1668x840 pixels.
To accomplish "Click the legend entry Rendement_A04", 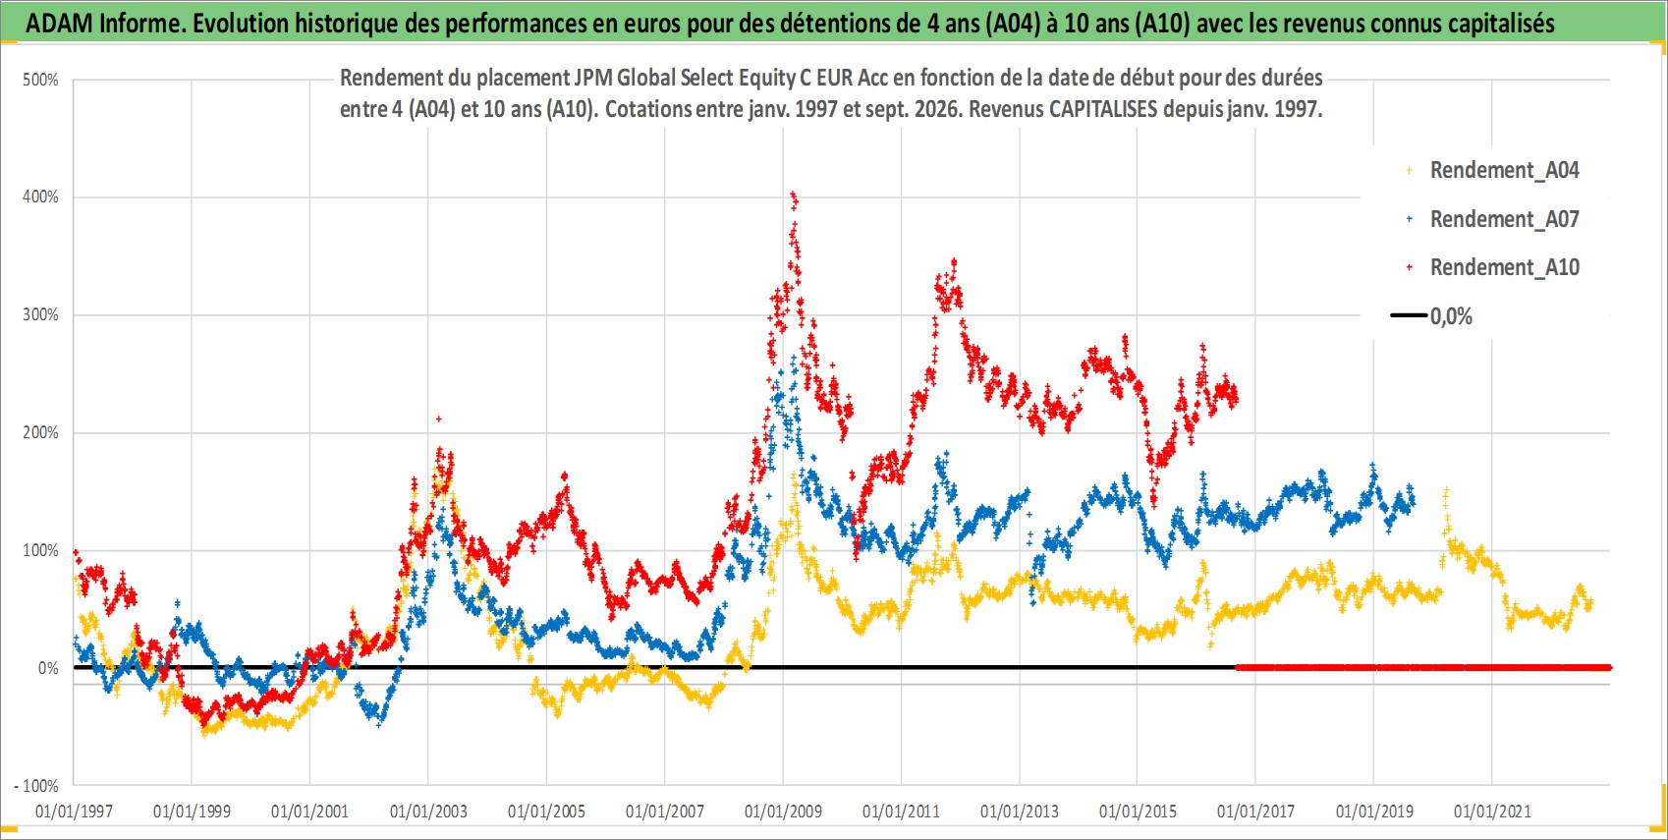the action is click(1493, 171).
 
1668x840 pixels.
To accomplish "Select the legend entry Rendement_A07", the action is click(1493, 220).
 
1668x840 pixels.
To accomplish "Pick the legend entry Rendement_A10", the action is click(1493, 267).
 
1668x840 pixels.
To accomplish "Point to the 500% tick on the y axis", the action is click(40, 80).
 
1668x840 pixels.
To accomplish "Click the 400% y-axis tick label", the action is click(40, 196).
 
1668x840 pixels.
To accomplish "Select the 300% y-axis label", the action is click(40, 314).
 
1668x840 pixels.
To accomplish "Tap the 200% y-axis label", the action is click(40, 432).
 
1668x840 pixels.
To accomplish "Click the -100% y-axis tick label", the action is click(35, 786).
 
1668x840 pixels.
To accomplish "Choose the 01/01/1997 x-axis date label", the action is click(74, 811).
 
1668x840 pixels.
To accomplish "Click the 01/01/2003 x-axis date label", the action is click(428, 811).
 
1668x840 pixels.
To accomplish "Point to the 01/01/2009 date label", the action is click(783, 811).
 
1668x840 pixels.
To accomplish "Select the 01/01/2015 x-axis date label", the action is click(1138, 811).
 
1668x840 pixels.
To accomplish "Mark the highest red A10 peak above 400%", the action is click(793, 195).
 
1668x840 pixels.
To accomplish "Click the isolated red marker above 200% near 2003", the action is click(438, 420).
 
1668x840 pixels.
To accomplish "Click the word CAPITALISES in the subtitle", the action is click(1103, 109).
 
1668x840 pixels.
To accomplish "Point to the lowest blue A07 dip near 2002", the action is click(379, 723).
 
